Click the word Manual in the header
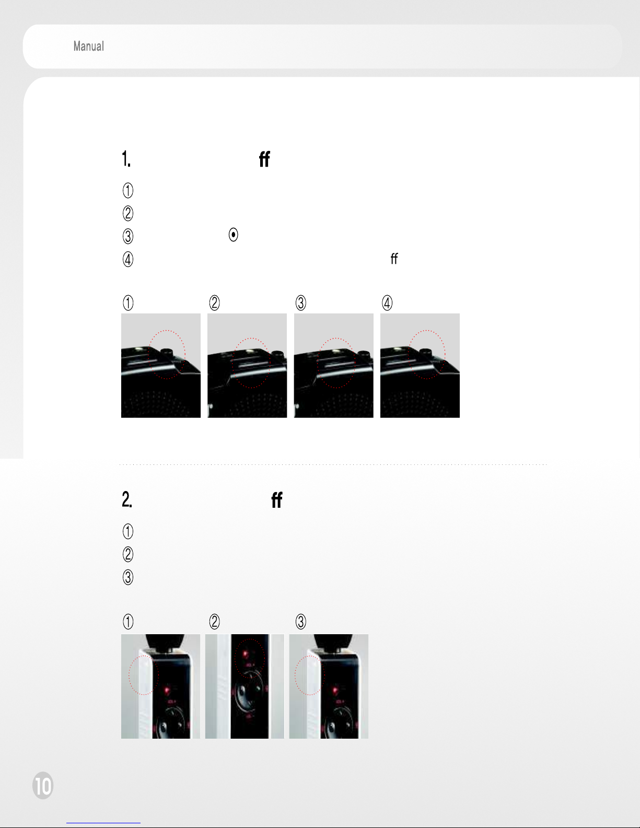coord(88,46)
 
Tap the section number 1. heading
coord(126,158)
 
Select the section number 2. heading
coord(127,499)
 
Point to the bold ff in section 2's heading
coord(277,499)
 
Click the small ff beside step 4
coord(394,259)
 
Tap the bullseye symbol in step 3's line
coord(233,235)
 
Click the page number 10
coord(43,785)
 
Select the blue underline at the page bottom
coord(103,823)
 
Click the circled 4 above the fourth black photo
coord(387,303)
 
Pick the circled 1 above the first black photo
coord(128,303)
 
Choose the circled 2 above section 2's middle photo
coord(215,622)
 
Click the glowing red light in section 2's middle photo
coord(246,654)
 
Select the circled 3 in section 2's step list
coord(128,577)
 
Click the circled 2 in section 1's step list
coord(128,213)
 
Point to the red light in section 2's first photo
coord(167,690)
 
